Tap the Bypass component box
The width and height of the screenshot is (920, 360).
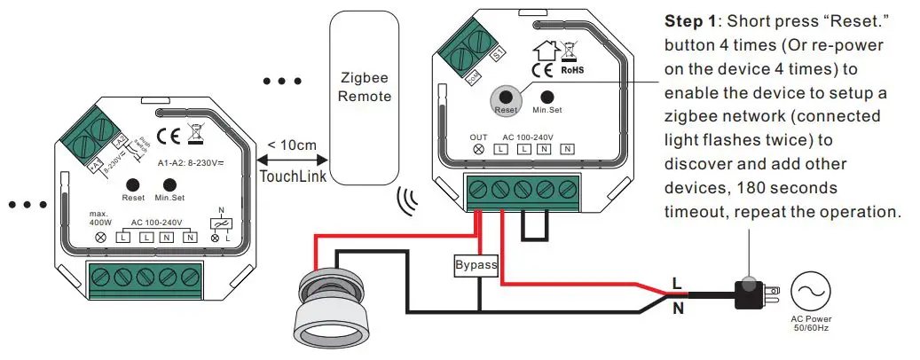click(476, 264)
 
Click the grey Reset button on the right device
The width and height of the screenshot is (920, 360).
click(506, 99)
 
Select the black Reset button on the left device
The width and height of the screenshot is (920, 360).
click(133, 185)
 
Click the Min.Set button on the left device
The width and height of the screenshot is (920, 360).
click(168, 185)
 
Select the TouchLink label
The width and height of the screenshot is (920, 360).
click(293, 176)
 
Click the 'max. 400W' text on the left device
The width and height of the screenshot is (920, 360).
click(98, 219)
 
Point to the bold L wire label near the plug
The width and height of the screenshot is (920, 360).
click(676, 283)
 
